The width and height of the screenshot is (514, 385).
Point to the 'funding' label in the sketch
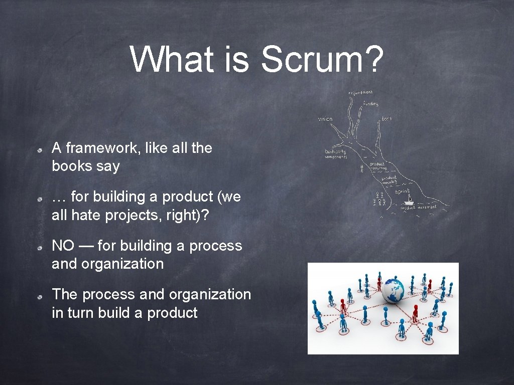click(371, 104)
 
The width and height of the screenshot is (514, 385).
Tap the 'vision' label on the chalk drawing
click(325, 119)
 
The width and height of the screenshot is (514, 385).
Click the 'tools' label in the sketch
click(387, 119)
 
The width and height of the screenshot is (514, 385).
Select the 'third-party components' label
click(336, 154)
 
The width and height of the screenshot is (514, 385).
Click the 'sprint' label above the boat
click(403, 191)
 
